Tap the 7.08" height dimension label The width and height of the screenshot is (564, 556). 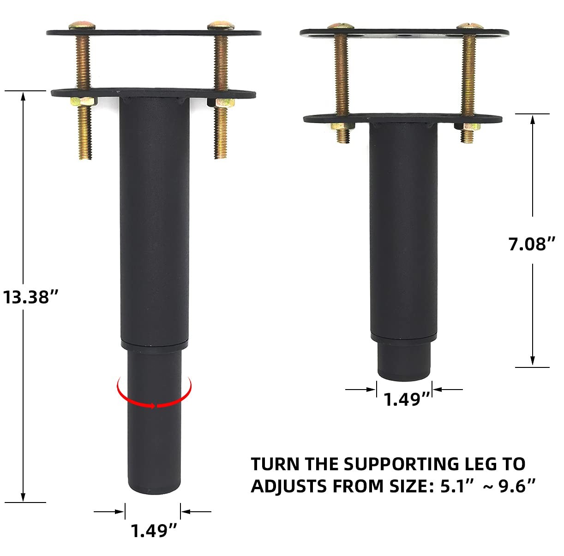(x=532, y=244)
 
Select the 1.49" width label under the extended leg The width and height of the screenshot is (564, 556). (x=154, y=531)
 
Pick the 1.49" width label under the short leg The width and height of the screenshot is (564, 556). (x=407, y=399)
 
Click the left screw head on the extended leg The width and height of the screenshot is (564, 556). (x=82, y=25)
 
